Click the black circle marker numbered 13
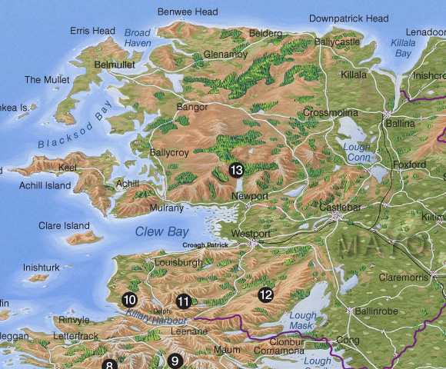(236, 171)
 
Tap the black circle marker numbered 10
(129, 300)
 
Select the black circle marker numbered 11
(183, 301)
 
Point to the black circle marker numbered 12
(265, 294)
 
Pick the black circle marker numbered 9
(175, 361)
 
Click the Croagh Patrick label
(205, 245)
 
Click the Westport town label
(251, 233)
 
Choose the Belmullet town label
(114, 65)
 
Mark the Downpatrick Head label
(348, 18)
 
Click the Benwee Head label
(188, 12)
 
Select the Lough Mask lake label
(303, 321)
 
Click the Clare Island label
(64, 226)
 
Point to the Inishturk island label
(42, 268)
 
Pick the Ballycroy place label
(170, 153)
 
